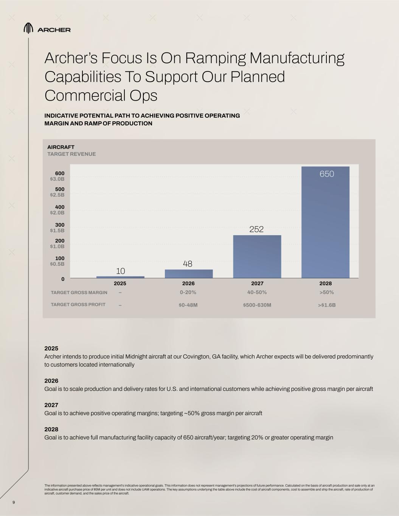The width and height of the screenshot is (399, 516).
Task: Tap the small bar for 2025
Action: (120, 277)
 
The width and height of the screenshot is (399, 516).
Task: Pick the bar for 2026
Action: (189, 274)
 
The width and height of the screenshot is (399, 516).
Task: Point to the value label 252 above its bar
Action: (256, 229)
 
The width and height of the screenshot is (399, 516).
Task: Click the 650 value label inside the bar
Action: (327, 174)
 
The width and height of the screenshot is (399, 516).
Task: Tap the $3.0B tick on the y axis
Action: (57, 179)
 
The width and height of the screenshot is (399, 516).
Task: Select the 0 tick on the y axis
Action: (63, 279)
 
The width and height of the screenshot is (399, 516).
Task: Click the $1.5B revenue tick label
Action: (57, 230)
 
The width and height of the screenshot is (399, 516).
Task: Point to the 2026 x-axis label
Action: (188, 283)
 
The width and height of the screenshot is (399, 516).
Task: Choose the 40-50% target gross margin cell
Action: (257, 292)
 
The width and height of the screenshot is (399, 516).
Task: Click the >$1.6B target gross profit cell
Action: (327, 305)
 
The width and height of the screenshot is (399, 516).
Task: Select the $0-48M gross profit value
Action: (188, 305)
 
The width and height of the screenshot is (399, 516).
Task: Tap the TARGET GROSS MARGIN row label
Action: (79, 293)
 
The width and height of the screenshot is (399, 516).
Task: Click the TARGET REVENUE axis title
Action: (71, 154)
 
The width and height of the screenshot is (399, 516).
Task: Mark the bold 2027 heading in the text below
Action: (51, 405)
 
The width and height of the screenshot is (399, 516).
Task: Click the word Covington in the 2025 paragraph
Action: (202, 356)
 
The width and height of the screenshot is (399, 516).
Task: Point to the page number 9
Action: (14, 502)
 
